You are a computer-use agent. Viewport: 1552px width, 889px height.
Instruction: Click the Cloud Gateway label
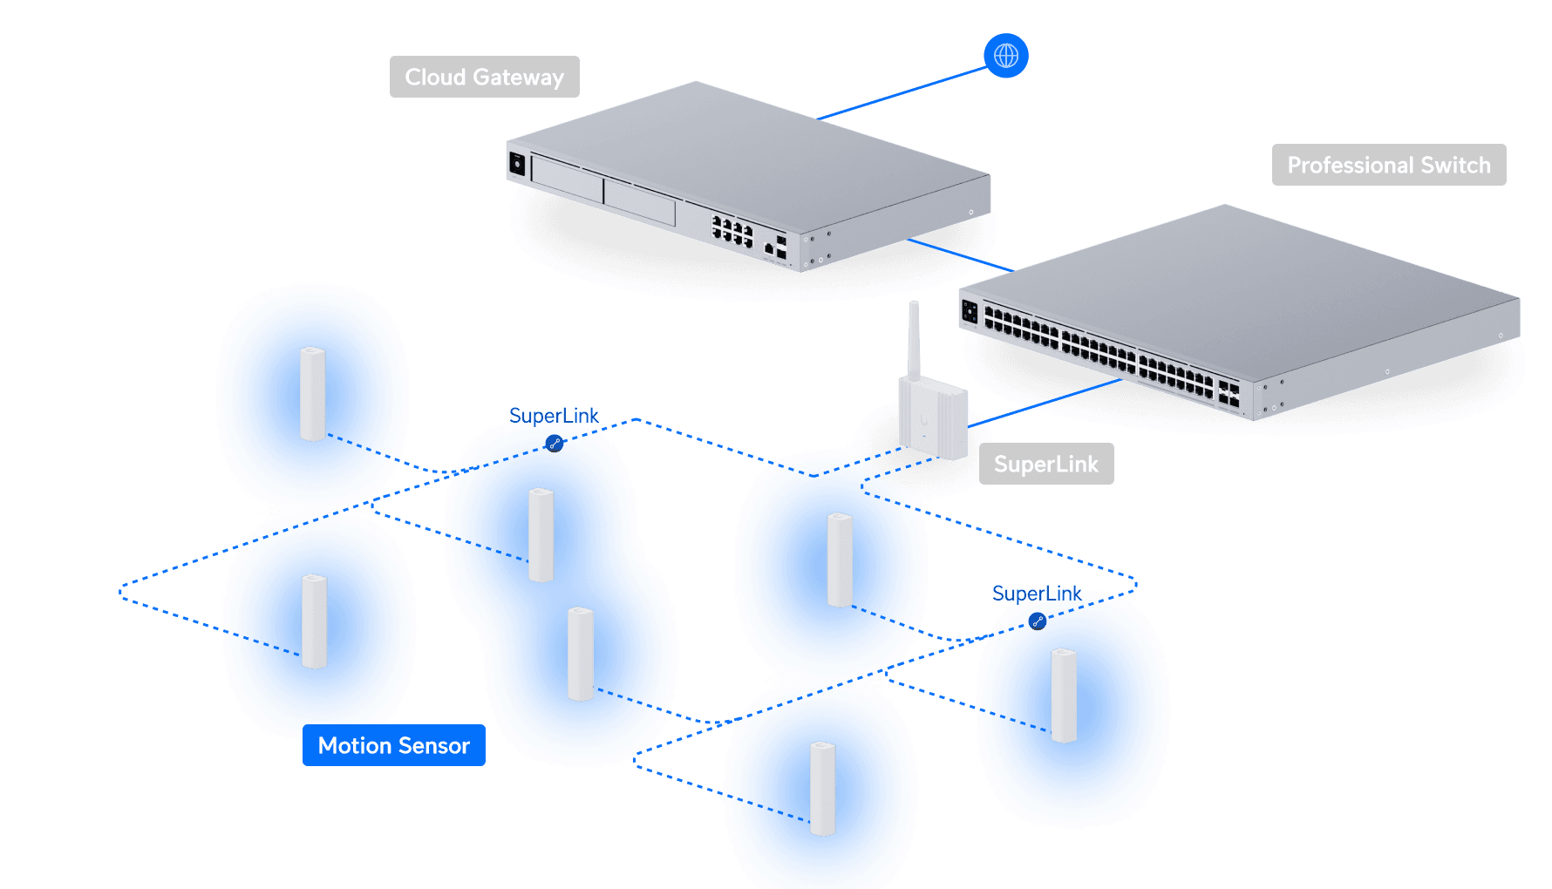tap(484, 77)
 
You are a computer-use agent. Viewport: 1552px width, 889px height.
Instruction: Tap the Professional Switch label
tap(1388, 165)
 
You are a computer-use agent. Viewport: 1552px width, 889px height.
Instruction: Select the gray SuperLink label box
tap(1045, 464)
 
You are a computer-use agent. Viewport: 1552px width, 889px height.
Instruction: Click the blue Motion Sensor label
tap(393, 745)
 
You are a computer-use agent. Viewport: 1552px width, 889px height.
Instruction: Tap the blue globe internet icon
tap(1005, 56)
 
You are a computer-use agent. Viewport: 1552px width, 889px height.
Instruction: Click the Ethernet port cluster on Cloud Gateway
tap(732, 231)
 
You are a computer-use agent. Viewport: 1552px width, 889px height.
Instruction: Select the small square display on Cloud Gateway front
tap(517, 163)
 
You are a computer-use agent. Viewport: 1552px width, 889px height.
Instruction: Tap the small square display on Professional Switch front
tap(970, 310)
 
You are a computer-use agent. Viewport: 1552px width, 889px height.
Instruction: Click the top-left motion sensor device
tap(312, 394)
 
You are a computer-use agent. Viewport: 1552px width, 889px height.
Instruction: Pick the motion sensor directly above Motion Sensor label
tap(314, 621)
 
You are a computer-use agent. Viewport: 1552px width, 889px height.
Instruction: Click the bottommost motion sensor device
tap(822, 788)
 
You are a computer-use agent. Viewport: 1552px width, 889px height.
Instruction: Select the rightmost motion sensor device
tap(1063, 695)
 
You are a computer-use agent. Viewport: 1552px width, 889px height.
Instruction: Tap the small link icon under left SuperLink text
tap(555, 444)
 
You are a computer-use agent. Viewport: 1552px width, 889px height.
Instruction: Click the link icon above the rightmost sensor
tap(1037, 621)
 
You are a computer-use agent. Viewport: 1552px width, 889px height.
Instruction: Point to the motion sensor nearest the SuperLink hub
tap(839, 559)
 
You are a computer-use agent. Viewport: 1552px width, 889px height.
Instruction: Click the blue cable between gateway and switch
tap(959, 254)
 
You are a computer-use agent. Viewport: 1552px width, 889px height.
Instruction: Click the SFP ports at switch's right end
tap(1229, 394)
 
